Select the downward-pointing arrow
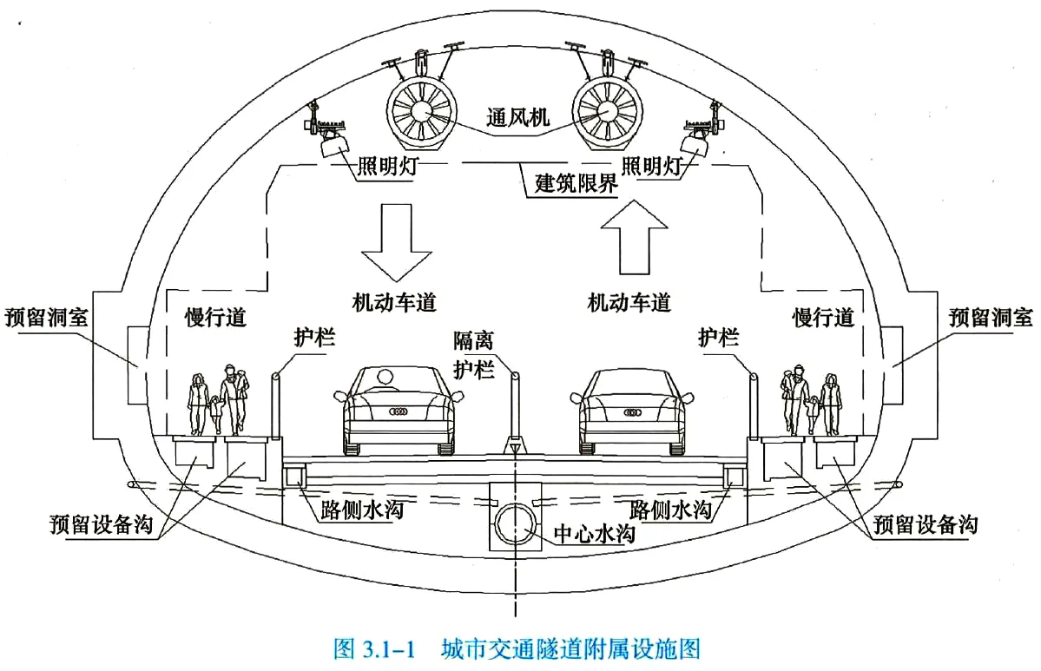tap(396, 239)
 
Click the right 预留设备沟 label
tap(926, 524)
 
